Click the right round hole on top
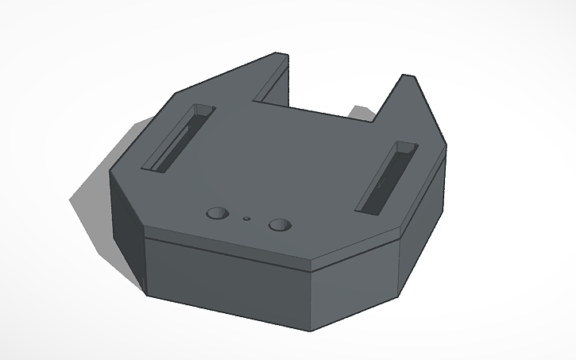279,225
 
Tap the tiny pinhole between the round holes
247,217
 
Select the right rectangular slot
385,178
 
